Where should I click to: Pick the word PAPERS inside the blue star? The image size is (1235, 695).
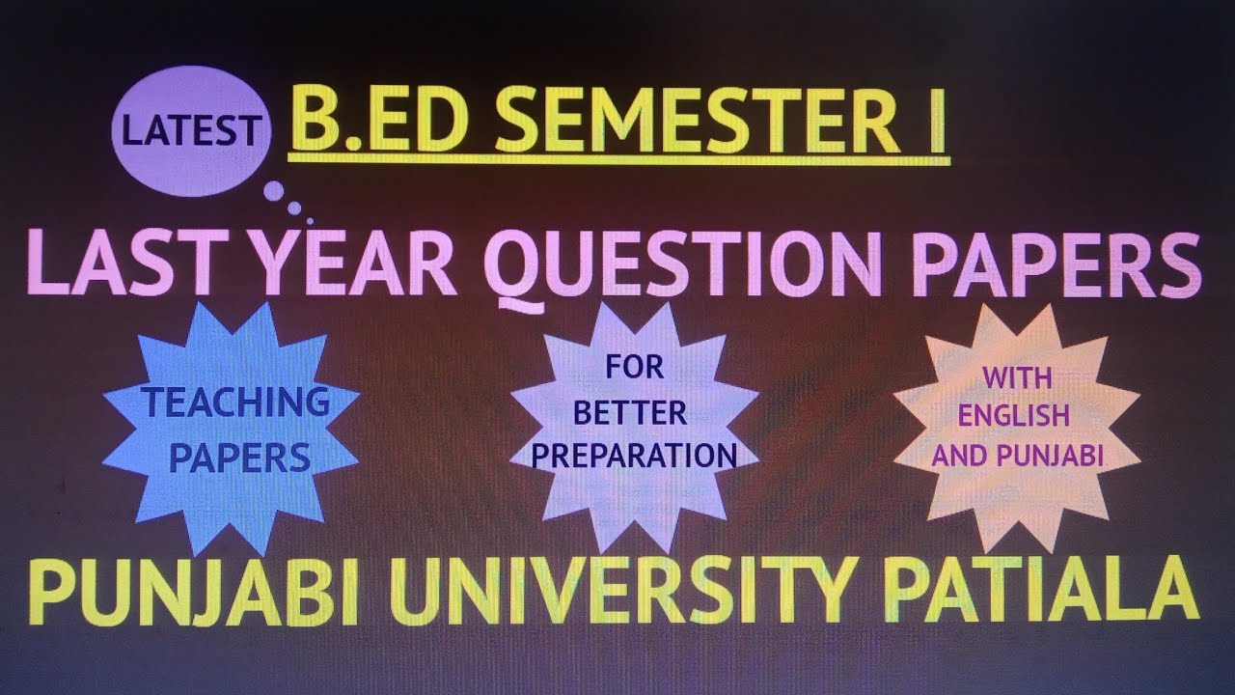coord(239,458)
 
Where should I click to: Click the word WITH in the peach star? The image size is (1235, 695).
coord(1018,379)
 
